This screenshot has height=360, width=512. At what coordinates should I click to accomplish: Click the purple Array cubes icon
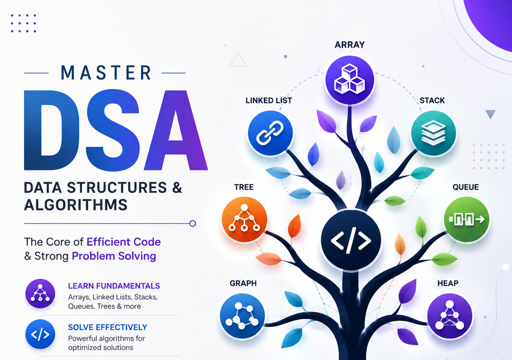pyautogui.click(x=349, y=80)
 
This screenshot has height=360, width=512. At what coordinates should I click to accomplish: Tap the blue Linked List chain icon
pyautogui.click(x=270, y=133)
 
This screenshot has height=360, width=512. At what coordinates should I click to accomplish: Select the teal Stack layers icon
pyautogui.click(x=433, y=133)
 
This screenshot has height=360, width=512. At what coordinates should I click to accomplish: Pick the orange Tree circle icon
pyautogui.click(x=244, y=219)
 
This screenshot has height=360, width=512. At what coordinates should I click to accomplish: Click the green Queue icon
pyautogui.click(x=467, y=219)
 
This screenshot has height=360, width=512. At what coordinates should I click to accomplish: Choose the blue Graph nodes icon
pyautogui.click(x=242, y=316)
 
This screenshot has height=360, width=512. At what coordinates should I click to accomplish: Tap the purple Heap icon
pyautogui.click(x=450, y=316)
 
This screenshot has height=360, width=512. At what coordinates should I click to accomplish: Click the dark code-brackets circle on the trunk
pyautogui.click(x=351, y=240)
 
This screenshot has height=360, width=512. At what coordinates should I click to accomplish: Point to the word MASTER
pyautogui.click(x=106, y=73)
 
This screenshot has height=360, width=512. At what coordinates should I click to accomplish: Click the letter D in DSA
pyautogui.click(x=52, y=130)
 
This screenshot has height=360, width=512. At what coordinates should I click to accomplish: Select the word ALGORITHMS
pyautogui.click(x=76, y=205)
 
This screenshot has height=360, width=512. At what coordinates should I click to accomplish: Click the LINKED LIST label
pyautogui.click(x=269, y=101)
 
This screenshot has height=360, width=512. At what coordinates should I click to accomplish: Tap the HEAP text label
pyautogui.click(x=448, y=283)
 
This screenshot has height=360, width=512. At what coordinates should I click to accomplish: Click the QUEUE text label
pyautogui.click(x=465, y=187)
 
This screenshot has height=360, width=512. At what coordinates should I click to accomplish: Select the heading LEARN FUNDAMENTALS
pyautogui.click(x=114, y=286)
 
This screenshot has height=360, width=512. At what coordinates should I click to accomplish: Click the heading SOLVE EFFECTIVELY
pyautogui.click(x=108, y=327)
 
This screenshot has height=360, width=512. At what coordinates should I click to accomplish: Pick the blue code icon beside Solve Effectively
pyautogui.click(x=40, y=334)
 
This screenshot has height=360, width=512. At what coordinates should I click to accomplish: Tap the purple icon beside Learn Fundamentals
pyautogui.click(x=40, y=293)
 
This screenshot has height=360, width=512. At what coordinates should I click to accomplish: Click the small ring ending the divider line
pyautogui.click(x=193, y=224)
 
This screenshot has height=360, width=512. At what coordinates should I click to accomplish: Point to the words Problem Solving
pyautogui.click(x=114, y=256)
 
